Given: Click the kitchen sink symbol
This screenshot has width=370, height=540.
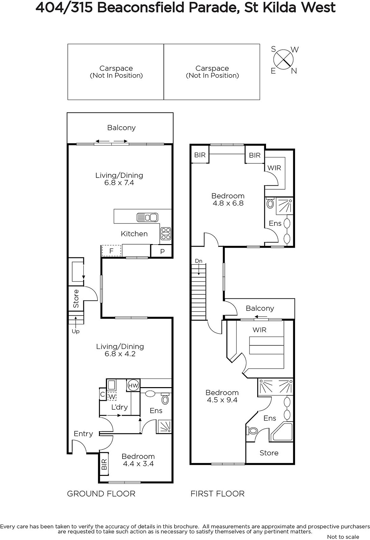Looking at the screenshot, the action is [x=148, y=217].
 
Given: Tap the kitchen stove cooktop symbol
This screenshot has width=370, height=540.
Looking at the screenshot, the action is [x=166, y=234].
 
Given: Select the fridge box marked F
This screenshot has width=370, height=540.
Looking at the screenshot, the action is [x=111, y=251].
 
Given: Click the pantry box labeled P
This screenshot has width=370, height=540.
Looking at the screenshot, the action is [x=161, y=251].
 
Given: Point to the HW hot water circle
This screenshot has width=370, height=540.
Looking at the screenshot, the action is [x=133, y=385].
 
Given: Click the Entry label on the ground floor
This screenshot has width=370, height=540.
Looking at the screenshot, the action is [x=83, y=434].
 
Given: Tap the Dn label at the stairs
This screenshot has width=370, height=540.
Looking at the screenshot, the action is [x=199, y=261].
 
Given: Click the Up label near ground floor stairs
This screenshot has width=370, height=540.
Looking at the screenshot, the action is [x=76, y=331].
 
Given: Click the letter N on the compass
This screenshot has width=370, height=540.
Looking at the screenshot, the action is [x=294, y=71].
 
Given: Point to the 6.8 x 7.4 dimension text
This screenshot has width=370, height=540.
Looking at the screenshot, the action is [x=119, y=183].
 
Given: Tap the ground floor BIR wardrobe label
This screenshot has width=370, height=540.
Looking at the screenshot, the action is [x=104, y=464].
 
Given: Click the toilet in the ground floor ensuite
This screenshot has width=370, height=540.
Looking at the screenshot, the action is [x=165, y=399].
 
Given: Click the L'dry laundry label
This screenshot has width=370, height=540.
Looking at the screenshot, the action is [x=120, y=407].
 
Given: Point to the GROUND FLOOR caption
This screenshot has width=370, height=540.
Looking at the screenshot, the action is [x=101, y=494].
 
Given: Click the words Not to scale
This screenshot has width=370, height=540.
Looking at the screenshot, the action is [x=343, y=537].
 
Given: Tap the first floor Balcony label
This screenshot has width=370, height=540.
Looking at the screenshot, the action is [x=260, y=308].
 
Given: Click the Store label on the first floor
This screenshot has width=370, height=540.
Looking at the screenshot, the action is [x=269, y=453].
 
